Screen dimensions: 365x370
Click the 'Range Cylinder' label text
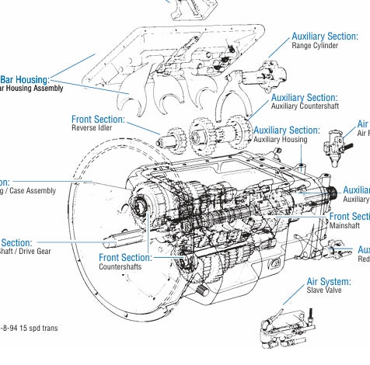(x=315, y=46)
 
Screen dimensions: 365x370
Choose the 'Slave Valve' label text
(x=324, y=291)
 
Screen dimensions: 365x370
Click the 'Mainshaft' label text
(x=344, y=226)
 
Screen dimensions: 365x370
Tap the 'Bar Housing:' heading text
(x=25, y=79)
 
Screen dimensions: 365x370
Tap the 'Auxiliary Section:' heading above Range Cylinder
(x=324, y=36)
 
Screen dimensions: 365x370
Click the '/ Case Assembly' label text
(x=30, y=191)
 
